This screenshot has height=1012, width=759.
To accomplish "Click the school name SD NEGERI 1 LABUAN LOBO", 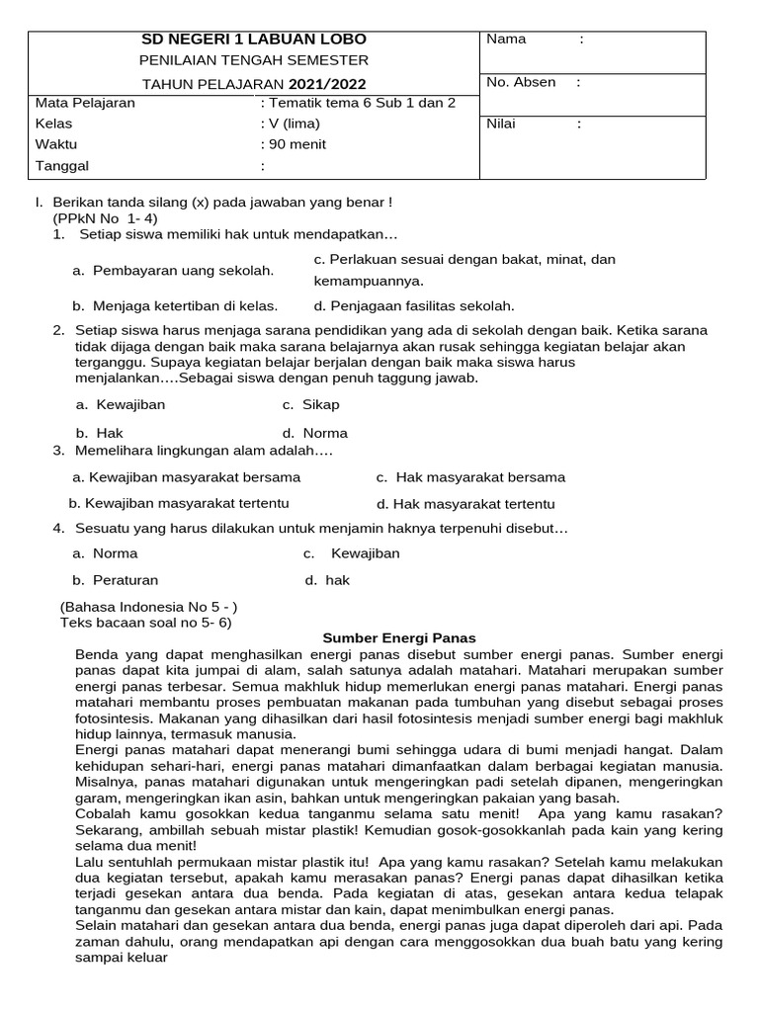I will pyautogui.click(x=254, y=40).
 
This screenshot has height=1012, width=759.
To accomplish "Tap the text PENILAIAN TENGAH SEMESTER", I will pyautogui.click(x=254, y=61).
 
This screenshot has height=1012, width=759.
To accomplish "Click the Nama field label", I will pyautogui.click(x=506, y=40).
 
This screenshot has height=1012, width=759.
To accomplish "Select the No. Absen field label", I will pyautogui.click(x=521, y=82).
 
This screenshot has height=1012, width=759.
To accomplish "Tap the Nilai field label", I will pyautogui.click(x=501, y=125).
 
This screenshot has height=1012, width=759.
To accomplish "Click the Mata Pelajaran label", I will pyautogui.click(x=86, y=103).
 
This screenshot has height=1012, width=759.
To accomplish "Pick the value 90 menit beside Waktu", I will pyautogui.click(x=297, y=144).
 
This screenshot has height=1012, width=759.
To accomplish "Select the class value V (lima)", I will pyautogui.click(x=295, y=124).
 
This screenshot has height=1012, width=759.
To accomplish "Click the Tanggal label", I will pyautogui.click(x=62, y=166).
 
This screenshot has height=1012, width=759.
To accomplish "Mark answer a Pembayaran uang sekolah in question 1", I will pyautogui.click(x=173, y=271).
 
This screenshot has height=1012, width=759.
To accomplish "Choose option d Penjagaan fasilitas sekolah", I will pyautogui.click(x=414, y=306).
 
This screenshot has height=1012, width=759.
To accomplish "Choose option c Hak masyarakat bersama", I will pyautogui.click(x=470, y=477).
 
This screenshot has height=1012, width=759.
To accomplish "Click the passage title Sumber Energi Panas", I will pyautogui.click(x=400, y=638).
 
